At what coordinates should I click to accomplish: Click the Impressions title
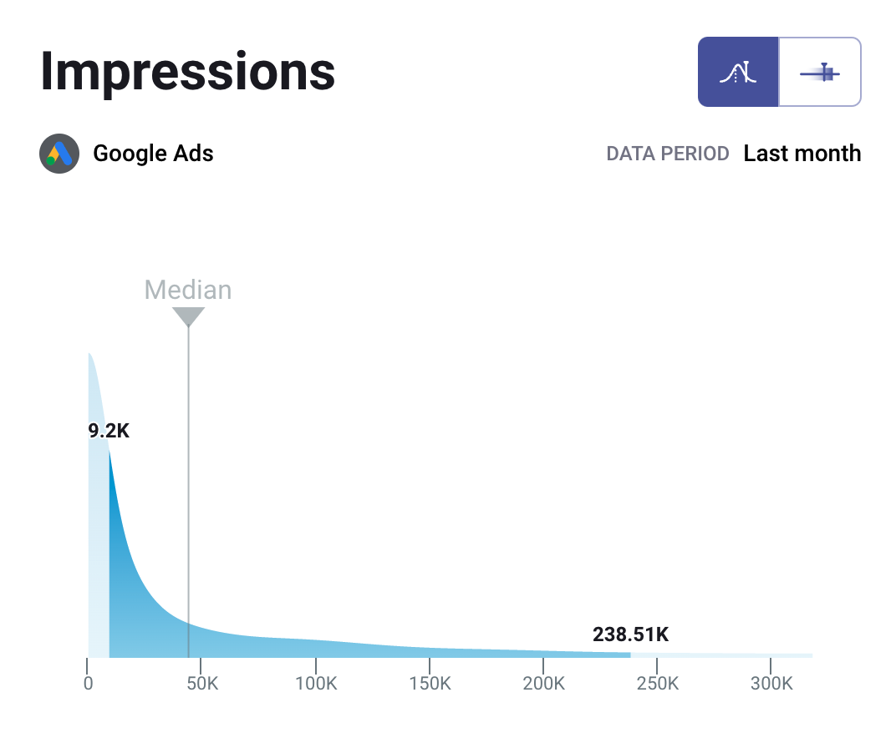187,72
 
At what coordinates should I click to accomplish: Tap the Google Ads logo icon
59,154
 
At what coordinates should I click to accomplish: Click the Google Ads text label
153,154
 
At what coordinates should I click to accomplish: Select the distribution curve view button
738,72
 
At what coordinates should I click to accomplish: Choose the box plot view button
820,72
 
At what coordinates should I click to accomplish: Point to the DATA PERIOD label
668,154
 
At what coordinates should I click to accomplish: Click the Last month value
802,154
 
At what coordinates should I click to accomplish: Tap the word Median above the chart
188,290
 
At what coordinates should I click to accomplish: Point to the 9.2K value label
109,432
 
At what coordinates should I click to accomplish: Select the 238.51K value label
630,634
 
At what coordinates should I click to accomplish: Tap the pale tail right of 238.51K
719,655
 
